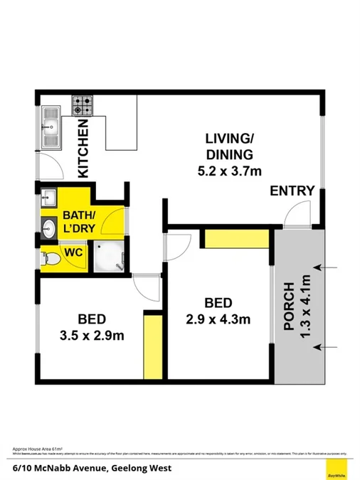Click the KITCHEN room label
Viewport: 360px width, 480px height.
tap(83, 149)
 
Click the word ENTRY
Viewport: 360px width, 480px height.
tap(292, 190)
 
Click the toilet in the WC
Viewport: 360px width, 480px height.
tap(51, 257)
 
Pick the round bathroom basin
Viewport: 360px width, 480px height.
tap(49, 228)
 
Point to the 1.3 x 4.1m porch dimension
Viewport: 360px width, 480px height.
tap(307, 306)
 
